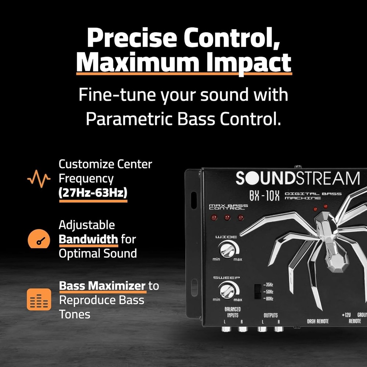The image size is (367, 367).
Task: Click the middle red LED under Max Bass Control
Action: [x=227, y=218]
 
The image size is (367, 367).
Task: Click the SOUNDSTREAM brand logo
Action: [x=297, y=178]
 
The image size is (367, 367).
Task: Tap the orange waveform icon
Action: [x=39, y=179]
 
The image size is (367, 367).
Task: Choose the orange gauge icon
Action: [x=39, y=239]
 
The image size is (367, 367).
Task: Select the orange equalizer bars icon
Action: [x=39, y=299]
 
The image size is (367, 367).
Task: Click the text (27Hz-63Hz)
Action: [x=93, y=193]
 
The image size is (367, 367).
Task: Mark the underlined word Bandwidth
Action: [x=88, y=239]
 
